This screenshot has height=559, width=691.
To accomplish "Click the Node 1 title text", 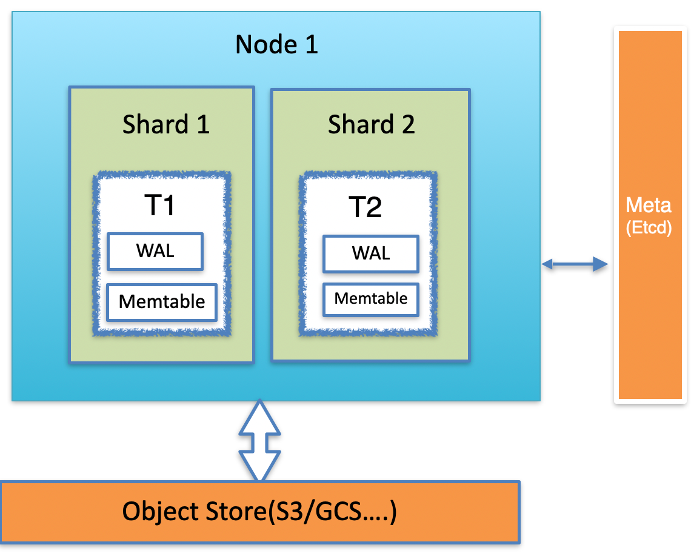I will click(x=276, y=45).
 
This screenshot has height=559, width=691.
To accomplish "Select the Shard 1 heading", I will click(x=165, y=125).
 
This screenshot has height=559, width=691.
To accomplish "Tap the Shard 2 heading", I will click(x=371, y=125).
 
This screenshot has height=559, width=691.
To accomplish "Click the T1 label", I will click(x=160, y=206).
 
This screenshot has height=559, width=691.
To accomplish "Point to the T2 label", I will click(x=365, y=207).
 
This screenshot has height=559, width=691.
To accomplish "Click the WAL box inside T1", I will click(x=155, y=251).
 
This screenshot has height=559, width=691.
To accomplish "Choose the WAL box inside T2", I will click(x=370, y=253).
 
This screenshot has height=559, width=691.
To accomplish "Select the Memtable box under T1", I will click(x=162, y=301).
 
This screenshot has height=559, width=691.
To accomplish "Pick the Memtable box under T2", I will click(x=370, y=299).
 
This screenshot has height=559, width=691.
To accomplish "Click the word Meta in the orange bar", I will click(x=649, y=205).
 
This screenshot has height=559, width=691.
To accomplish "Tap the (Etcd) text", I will click(x=649, y=229).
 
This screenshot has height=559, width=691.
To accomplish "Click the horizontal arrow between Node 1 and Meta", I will click(x=574, y=263).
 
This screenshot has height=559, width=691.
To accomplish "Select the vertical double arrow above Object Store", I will click(x=259, y=441).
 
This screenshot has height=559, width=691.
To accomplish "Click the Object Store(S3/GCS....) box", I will click(x=259, y=512).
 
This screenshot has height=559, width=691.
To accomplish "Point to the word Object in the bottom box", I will click(x=159, y=512).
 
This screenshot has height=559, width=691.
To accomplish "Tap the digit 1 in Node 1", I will click(x=310, y=45).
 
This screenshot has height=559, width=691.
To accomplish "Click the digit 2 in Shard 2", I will click(x=407, y=125).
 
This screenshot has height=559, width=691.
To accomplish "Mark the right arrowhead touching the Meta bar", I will click(x=600, y=263).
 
